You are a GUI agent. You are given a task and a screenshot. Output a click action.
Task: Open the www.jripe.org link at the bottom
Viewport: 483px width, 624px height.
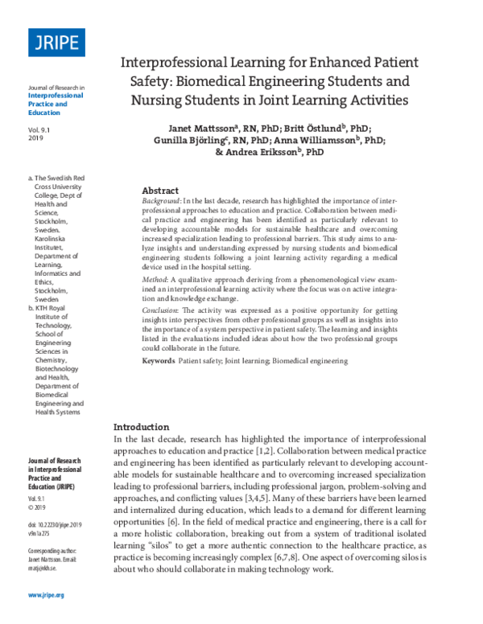(46, 595)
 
